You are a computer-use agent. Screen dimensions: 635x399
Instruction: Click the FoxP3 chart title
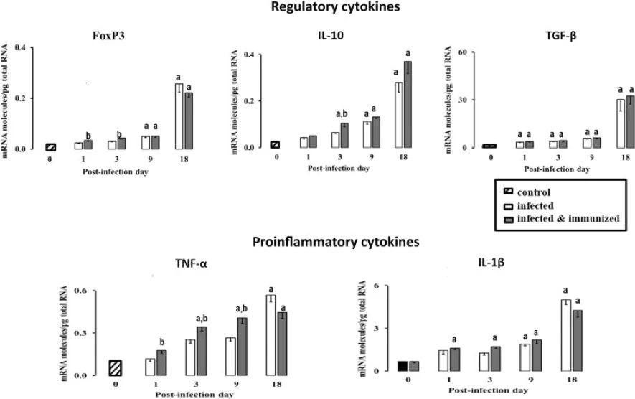pos(108,36)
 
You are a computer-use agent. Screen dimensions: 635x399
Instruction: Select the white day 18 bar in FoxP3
pos(179,116)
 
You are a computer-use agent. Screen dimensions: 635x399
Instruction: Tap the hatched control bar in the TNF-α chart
pos(116,368)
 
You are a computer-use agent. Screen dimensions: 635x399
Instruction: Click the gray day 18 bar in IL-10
pos(408,105)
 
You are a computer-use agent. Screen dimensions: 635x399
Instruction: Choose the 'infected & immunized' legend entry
pos(561,219)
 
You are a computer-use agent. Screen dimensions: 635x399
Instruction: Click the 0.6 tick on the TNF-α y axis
pos(80,291)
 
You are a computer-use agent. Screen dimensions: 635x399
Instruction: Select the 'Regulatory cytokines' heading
pos(335,7)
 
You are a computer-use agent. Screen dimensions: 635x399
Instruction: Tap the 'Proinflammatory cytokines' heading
pos(336,242)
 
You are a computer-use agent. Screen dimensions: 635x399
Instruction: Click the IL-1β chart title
pos(491,263)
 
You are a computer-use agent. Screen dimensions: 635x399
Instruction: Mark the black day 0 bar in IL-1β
pos(402,366)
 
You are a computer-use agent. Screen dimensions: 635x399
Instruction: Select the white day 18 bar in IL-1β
pos(565,335)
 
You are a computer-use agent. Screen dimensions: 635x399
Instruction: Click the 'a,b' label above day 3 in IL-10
pos(342,114)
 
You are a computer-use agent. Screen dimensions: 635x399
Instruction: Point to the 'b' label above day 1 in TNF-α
pos(162,342)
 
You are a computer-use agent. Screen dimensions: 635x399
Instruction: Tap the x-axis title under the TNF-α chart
pos(194,395)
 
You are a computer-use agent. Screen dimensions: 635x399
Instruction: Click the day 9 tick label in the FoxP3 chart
pos(150,159)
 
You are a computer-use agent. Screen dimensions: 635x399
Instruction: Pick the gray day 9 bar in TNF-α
pos(243,347)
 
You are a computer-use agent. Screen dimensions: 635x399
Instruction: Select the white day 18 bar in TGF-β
pos(621,123)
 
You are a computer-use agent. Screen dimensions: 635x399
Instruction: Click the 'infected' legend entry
pos(529,206)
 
